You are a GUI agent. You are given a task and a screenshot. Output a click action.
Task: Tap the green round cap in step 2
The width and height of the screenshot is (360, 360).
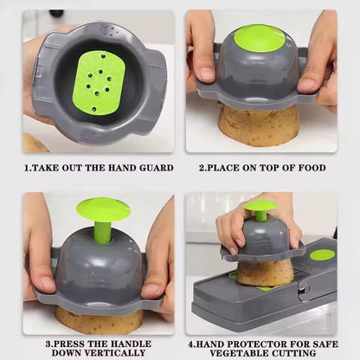(x=259, y=38)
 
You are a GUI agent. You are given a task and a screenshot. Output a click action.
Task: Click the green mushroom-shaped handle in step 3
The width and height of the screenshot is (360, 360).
(x=103, y=209)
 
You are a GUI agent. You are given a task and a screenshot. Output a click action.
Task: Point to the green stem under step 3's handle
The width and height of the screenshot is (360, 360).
(x=103, y=231)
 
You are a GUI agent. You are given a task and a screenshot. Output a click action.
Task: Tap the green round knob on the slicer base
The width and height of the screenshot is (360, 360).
(x=322, y=254)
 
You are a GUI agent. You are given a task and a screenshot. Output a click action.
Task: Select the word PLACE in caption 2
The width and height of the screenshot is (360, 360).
(x=228, y=168)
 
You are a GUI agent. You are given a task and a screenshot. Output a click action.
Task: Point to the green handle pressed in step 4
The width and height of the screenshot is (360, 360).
(x=260, y=208)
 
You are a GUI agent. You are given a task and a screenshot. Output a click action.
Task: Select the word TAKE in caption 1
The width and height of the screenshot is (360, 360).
(x=47, y=168)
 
